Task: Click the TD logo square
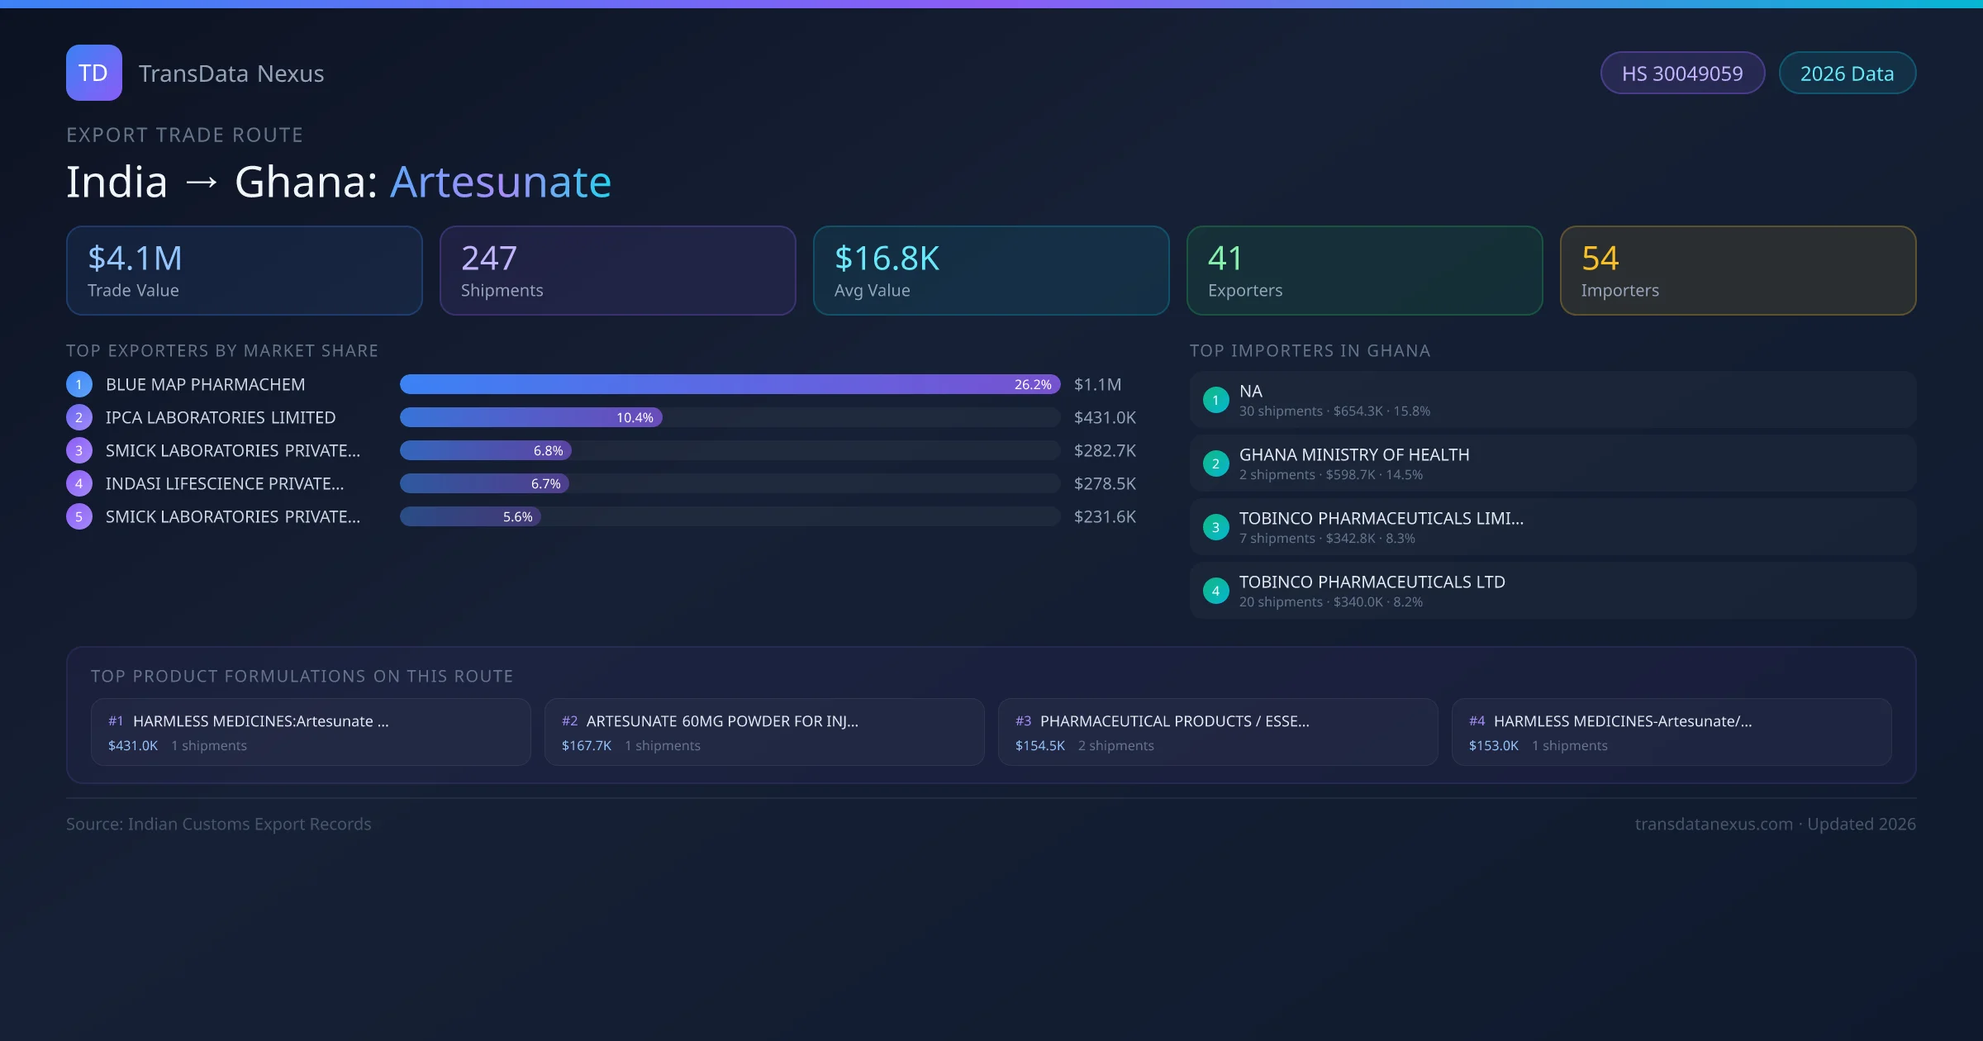pos(93,73)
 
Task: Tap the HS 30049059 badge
pos(1682,74)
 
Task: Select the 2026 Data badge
pos(1847,74)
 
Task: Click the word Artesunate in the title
pos(501,182)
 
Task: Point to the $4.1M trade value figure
pos(135,259)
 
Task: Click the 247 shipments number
pos(489,259)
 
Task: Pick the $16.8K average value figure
pos(887,259)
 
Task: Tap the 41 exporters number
pos(1225,259)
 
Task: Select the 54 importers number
pos(1600,259)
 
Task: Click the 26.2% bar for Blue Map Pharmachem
pos(729,384)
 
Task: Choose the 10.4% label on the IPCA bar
pos(635,418)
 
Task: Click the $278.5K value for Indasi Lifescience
pos(1105,484)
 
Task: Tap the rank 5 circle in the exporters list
pos(79,517)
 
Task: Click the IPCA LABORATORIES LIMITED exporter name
pos(221,418)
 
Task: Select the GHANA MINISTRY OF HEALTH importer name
pos(1354,454)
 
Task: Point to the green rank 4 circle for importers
pos(1215,591)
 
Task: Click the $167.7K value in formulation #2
pos(587,745)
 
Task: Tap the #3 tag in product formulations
pos(1023,721)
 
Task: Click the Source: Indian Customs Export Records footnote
pos(219,824)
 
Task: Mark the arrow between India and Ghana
pos(202,183)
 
